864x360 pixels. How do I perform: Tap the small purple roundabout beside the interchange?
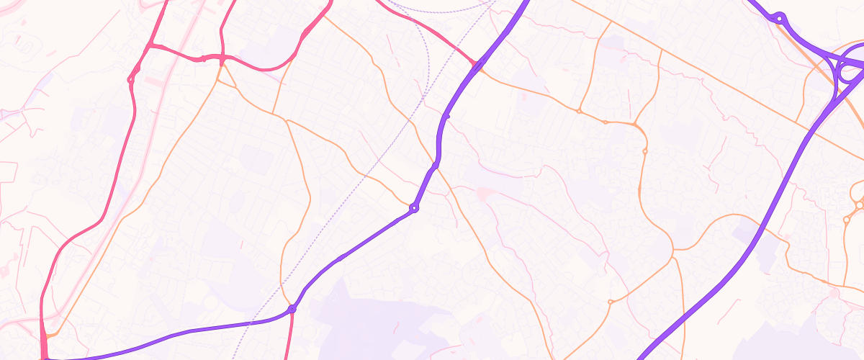780,18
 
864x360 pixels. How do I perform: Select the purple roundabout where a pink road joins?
292,309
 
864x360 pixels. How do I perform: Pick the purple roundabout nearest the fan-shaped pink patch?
414,208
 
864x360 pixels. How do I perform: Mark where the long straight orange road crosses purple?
810,131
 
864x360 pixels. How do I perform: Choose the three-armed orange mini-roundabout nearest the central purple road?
579,112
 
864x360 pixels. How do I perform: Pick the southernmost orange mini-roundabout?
611,302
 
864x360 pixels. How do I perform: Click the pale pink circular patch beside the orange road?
834,293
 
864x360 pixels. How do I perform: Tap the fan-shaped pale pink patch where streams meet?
482,193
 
